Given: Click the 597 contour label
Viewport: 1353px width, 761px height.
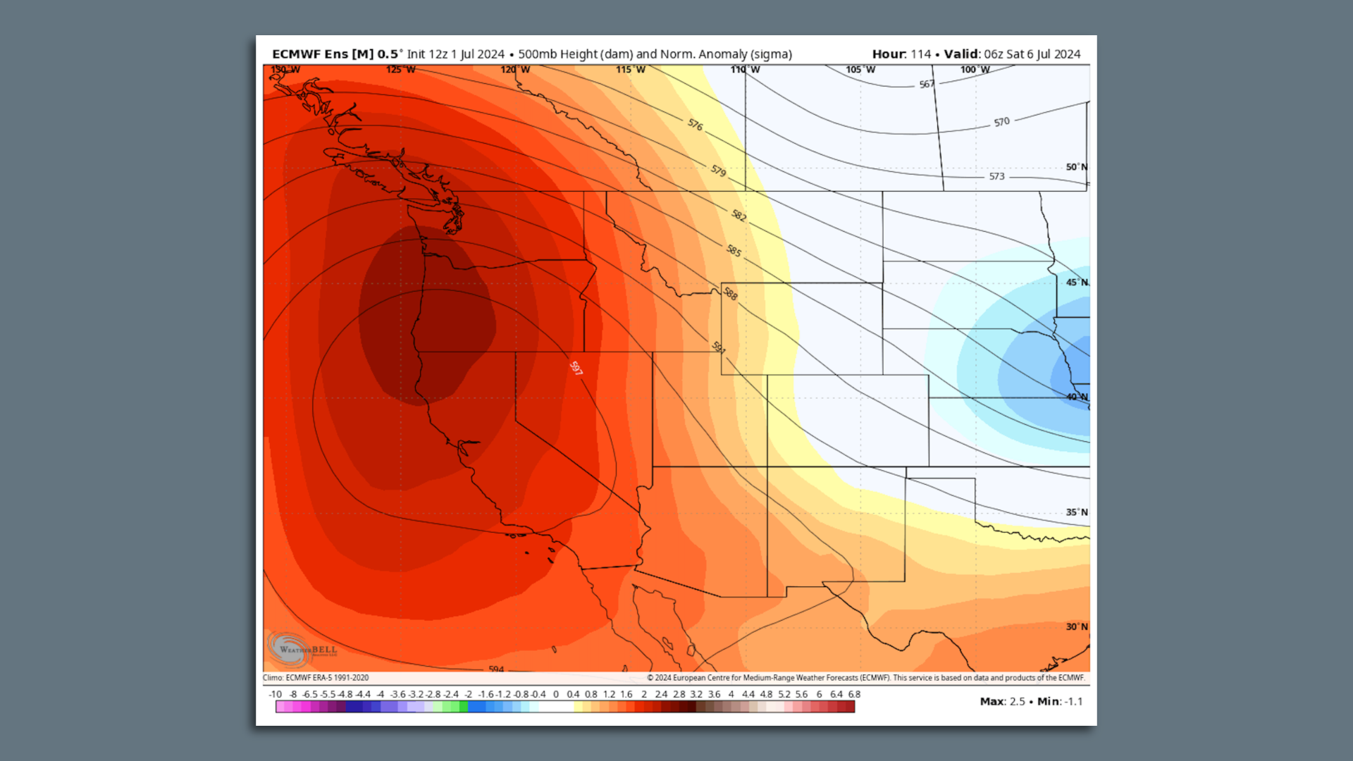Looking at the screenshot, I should tap(576, 369).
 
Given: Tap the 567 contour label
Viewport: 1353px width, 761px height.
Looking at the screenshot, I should tap(927, 85).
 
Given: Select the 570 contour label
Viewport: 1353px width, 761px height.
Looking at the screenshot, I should tap(1001, 122).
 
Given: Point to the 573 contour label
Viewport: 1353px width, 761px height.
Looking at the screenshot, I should tap(996, 176).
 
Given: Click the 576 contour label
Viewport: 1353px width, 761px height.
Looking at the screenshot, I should tap(695, 125).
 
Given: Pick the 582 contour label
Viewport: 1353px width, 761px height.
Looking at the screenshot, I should tap(739, 216).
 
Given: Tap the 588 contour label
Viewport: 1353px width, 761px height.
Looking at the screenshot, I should tap(731, 295).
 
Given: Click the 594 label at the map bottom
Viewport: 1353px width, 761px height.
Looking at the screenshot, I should tap(496, 669).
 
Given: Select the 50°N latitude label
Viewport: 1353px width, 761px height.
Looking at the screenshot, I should tap(1076, 167).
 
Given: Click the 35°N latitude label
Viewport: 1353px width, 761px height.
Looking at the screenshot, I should tap(1076, 512).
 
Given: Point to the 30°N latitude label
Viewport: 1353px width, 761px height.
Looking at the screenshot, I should tap(1076, 626).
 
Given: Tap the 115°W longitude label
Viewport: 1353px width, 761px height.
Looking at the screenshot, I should tap(630, 70).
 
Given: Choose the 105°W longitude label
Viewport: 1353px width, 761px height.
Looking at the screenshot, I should tap(860, 70).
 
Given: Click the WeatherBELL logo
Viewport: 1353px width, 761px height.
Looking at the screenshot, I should tap(302, 648).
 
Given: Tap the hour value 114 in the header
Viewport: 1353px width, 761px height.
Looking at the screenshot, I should tap(920, 54).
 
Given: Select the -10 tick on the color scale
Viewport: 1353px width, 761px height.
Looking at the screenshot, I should tap(275, 694).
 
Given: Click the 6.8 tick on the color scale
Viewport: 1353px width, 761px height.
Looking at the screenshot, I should tap(854, 694).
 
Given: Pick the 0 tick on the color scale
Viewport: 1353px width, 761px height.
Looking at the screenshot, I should tap(555, 694).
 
